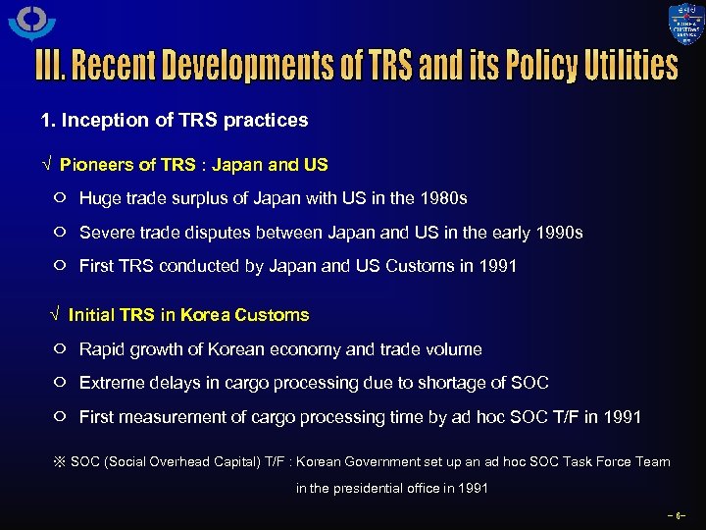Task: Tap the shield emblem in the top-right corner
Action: pyautogui.click(x=685, y=25)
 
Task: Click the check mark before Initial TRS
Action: pyautogui.click(x=54, y=316)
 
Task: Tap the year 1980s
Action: pyautogui.click(x=443, y=198)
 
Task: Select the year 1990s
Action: pyautogui.click(x=559, y=233)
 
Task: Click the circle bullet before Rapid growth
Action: pyautogui.click(x=60, y=349)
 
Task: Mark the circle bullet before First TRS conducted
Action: pyautogui.click(x=60, y=266)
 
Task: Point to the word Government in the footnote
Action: pyautogui.click(x=404, y=461)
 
